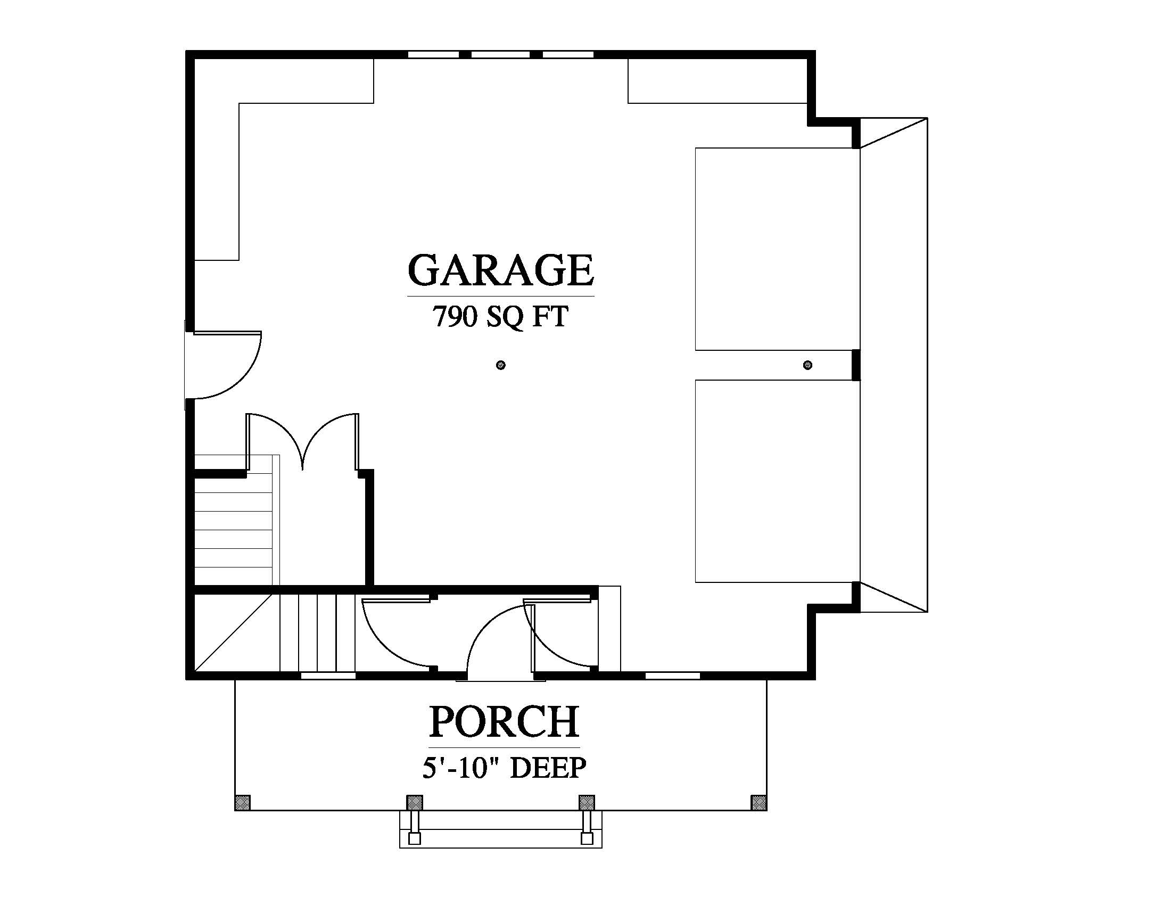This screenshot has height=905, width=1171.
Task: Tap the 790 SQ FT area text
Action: (500, 316)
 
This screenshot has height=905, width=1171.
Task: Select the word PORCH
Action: (504, 722)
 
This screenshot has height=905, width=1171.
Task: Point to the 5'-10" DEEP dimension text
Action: (504, 768)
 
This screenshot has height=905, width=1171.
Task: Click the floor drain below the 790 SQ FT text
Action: (501, 365)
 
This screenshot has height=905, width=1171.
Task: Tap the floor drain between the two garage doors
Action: (807, 365)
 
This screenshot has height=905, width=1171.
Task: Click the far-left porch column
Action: (242, 803)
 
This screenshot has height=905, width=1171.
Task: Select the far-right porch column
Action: (758, 803)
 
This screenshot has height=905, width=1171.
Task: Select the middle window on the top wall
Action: (501, 54)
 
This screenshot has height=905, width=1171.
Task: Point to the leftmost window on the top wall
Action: (433, 54)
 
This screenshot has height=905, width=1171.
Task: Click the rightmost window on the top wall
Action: (568, 54)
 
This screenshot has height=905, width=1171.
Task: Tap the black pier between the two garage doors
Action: (856, 365)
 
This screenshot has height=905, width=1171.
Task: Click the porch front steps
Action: (501, 829)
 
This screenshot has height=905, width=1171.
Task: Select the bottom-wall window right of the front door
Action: (672, 676)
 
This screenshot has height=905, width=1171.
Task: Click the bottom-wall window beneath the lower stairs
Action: (328, 676)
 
